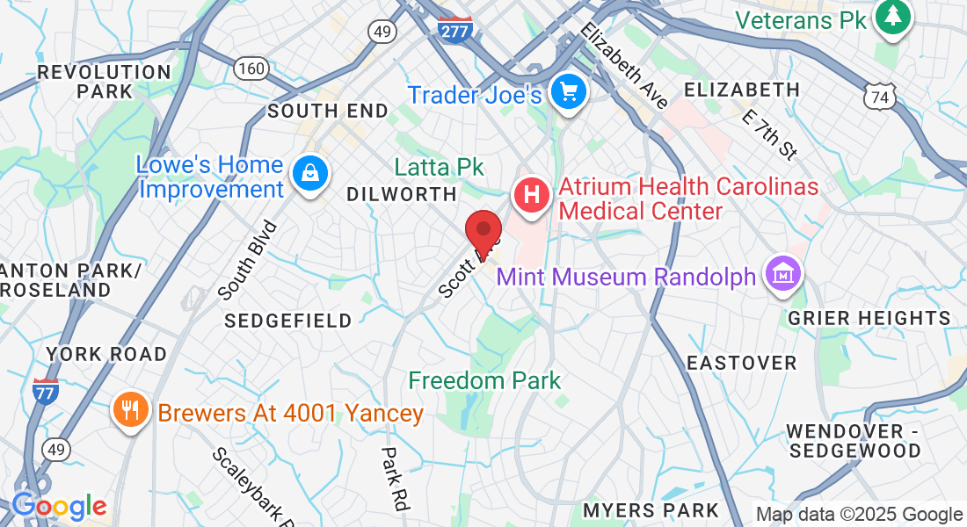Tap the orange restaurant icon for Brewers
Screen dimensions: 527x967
tap(130, 410)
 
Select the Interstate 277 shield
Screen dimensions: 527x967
tap(454, 29)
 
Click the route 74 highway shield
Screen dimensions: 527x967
tap(878, 97)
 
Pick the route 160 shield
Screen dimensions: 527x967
tap(251, 67)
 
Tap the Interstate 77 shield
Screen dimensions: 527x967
tap(45, 392)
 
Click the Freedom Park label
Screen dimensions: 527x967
tap(484, 380)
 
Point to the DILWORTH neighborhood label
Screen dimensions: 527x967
tap(402, 194)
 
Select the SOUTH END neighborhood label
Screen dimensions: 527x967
tap(328, 111)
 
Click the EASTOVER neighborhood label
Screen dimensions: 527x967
tap(741, 363)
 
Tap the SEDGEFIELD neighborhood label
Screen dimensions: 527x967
tap(287, 321)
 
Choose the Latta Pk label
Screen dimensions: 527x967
tap(439, 167)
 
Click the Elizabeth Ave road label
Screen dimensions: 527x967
tap(623, 66)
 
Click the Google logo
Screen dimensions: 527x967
tap(59, 507)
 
